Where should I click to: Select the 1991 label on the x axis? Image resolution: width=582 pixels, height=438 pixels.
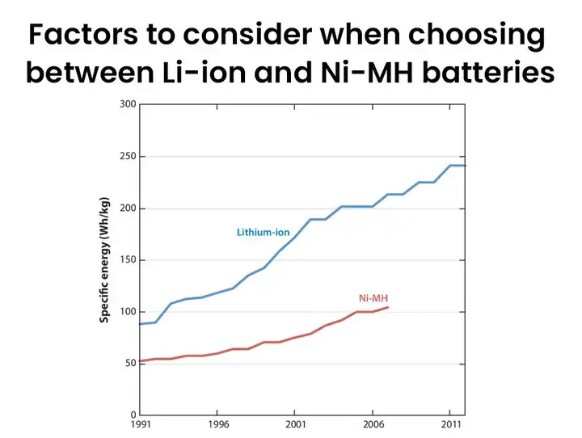tap(140, 424)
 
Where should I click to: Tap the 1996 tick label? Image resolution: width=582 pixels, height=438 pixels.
tap(217, 424)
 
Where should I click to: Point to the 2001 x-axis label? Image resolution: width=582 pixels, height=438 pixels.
tap(294, 424)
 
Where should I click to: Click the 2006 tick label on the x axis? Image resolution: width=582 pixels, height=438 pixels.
tap(372, 424)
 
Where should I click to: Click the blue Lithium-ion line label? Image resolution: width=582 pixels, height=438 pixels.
tap(263, 233)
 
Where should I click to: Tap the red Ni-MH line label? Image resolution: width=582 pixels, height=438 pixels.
tap(373, 298)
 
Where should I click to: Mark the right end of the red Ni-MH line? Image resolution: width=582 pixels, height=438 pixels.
tap(388, 307)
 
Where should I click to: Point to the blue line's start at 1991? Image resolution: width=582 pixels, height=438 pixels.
tap(141, 324)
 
